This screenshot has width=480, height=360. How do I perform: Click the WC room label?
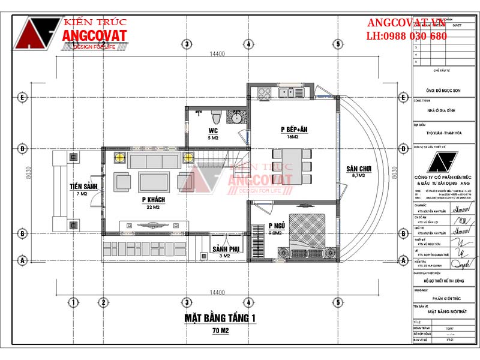[x=212, y=130]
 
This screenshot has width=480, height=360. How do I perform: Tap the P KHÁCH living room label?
[x=154, y=199]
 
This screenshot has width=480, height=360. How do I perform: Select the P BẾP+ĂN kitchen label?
[x=292, y=130]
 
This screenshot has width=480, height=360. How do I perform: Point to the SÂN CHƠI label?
[x=358, y=169]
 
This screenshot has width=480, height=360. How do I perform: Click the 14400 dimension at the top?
[x=217, y=54]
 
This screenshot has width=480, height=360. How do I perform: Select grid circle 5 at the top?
[x=338, y=44]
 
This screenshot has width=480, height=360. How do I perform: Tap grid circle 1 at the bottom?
[x=73, y=301]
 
